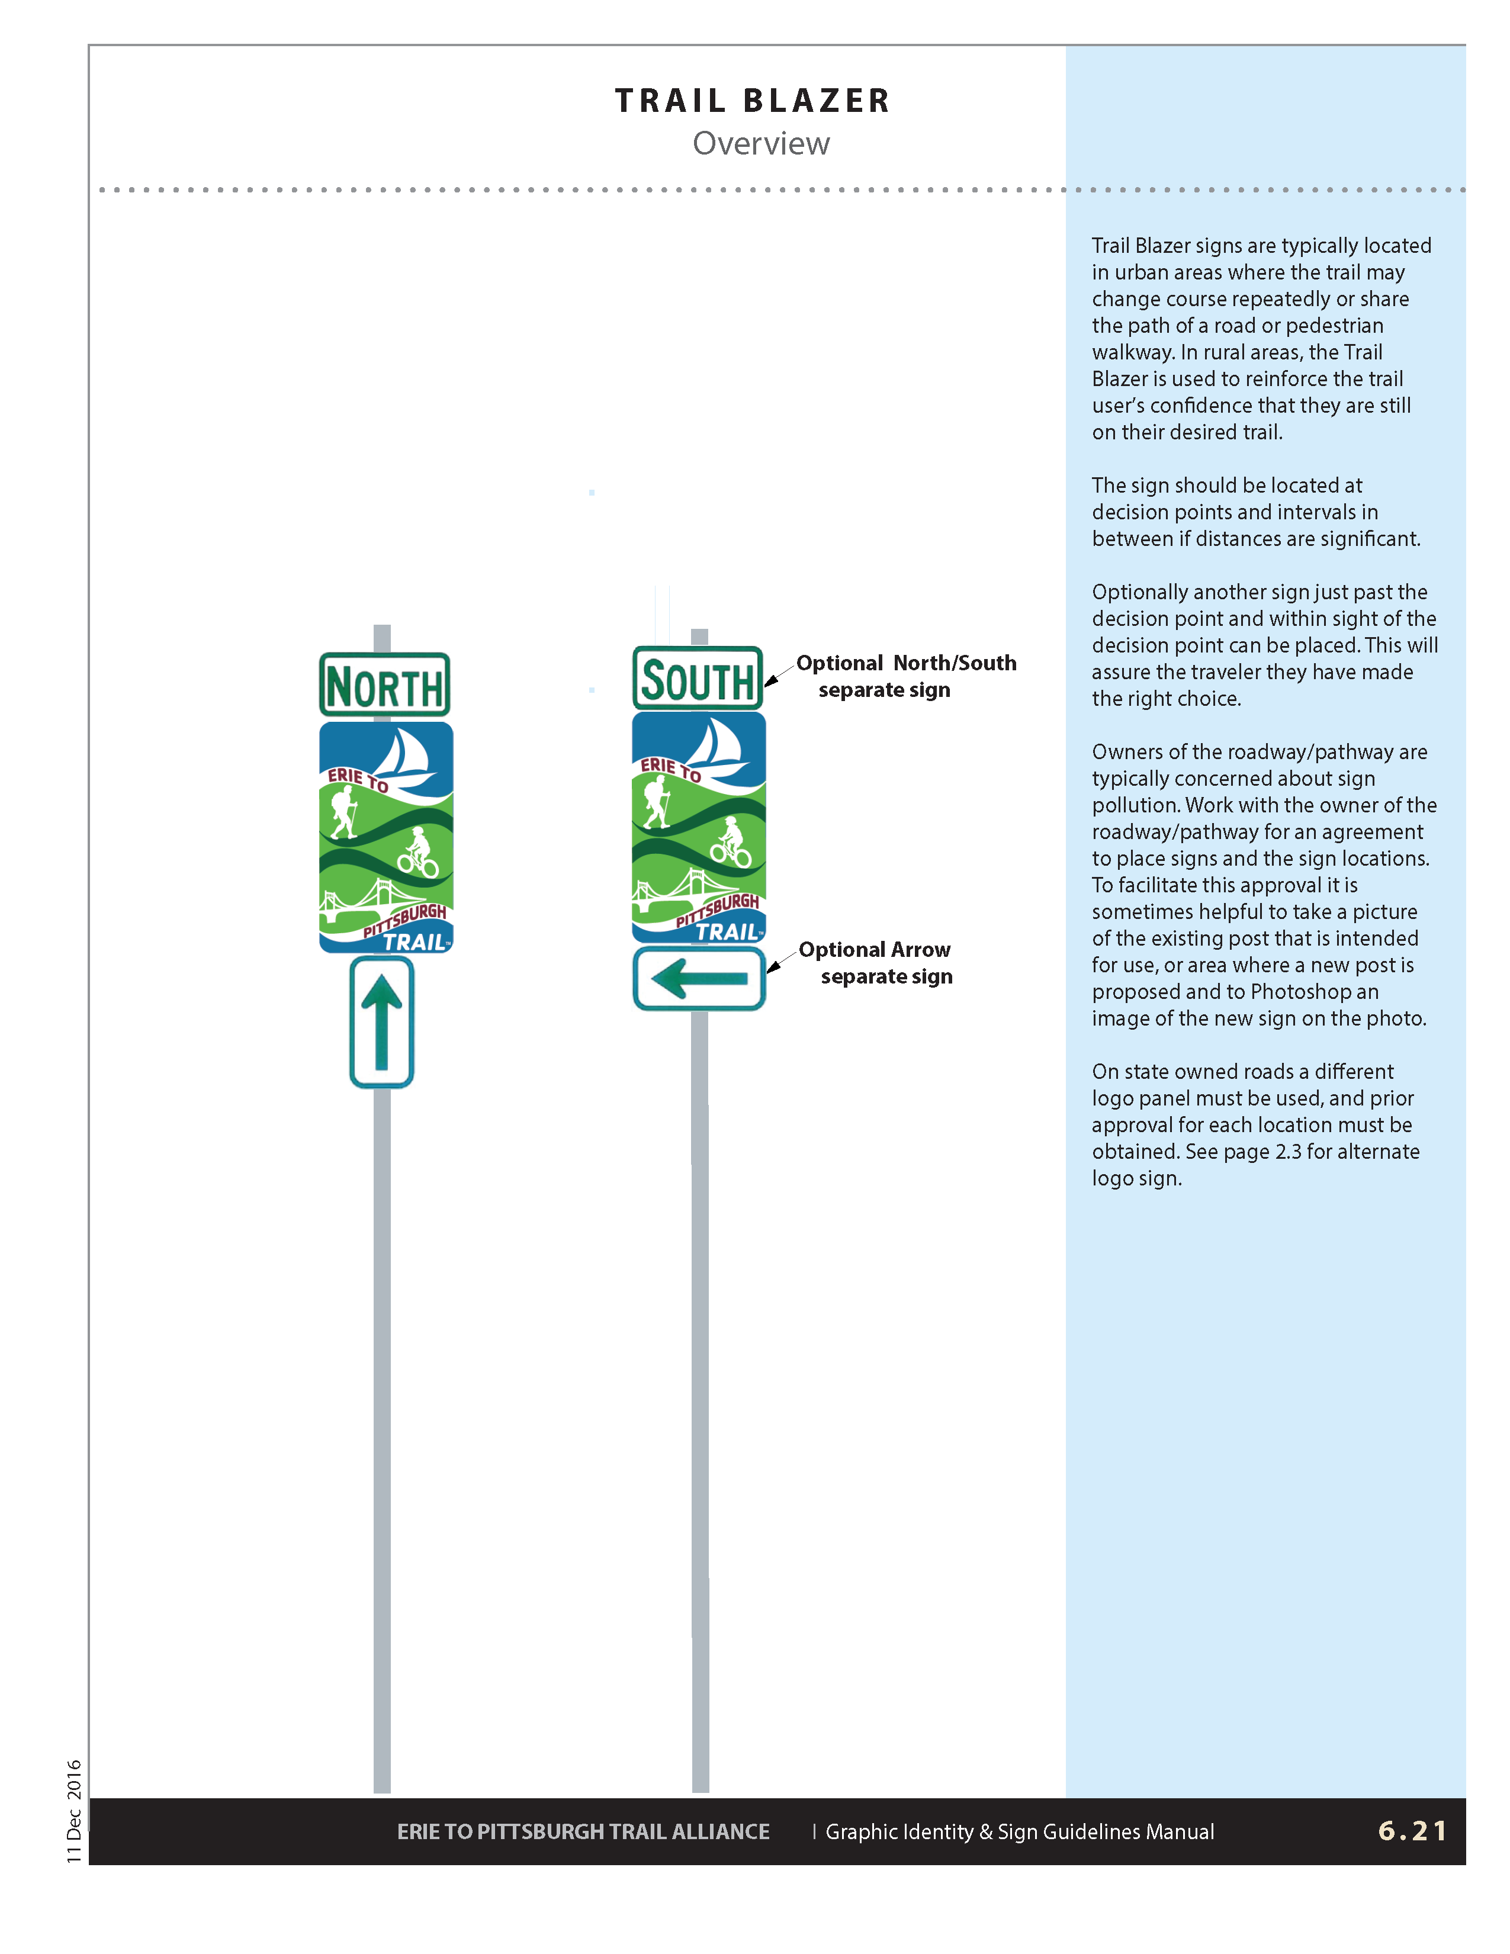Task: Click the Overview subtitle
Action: pos(760,143)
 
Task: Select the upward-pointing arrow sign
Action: pos(382,1022)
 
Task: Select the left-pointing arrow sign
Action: pos(699,979)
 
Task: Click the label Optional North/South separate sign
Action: pos(905,676)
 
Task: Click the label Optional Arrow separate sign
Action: pos(876,963)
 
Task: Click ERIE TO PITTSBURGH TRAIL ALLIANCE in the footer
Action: pos(583,1831)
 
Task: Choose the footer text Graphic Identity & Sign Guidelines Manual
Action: pos(1020,1831)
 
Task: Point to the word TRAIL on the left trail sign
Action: pos(414,941)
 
